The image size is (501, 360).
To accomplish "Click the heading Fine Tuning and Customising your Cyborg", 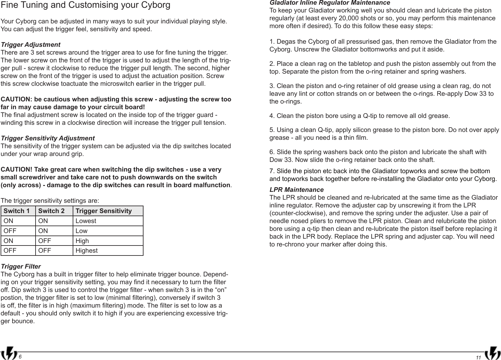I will click(x=86, y=6).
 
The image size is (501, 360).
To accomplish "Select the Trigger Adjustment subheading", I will click(x=31, y=45).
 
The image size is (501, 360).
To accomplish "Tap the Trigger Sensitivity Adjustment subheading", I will click(x=48, y=138).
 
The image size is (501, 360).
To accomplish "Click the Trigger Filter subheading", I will click(x=21, y=267).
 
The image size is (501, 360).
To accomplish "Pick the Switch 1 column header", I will click(x=17, y=211).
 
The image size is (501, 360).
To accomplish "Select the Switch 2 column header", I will click(x=51, y=211).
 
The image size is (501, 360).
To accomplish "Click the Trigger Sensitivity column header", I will click(x=104, y=211).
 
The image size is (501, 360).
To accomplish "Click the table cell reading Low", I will click(x=81, y=231).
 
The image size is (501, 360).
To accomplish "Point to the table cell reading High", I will click(x=82, y=241).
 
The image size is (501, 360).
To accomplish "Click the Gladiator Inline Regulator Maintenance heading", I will click(x=329, y=3).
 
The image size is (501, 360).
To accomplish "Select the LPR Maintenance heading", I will click(x=296, y=190).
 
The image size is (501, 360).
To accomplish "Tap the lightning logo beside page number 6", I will click(x=10, y=353).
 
